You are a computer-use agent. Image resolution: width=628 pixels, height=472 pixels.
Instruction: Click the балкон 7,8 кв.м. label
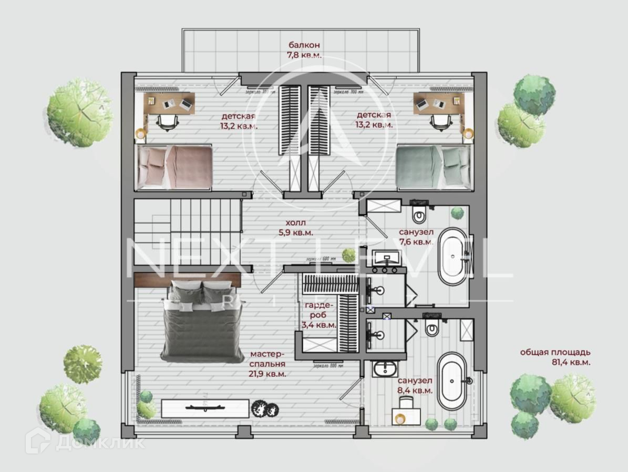pos(304,49)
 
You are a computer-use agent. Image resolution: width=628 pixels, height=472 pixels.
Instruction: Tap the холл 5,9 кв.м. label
pos(296,227)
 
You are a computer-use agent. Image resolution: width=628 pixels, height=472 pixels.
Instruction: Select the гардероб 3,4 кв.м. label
pos(318,315)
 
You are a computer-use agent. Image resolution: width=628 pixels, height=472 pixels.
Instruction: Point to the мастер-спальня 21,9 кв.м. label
pos(267,364)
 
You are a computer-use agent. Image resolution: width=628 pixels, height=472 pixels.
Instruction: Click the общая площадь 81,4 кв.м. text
pos(555,357)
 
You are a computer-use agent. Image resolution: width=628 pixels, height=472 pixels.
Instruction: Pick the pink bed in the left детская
pos(174,166)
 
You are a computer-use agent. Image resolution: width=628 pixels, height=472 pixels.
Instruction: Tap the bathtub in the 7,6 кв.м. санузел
pos(452,256)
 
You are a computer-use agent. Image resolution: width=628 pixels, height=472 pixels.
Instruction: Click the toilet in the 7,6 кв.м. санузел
pos(419,213)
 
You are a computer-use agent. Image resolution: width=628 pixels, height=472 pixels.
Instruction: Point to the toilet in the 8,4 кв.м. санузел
pos(432,328)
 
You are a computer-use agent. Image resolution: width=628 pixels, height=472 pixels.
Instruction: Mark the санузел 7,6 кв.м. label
pos(416,237)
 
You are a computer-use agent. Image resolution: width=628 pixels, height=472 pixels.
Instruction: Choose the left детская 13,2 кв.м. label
pos(239,120)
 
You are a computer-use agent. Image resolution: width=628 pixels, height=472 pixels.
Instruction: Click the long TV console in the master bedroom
pos(205,408)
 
